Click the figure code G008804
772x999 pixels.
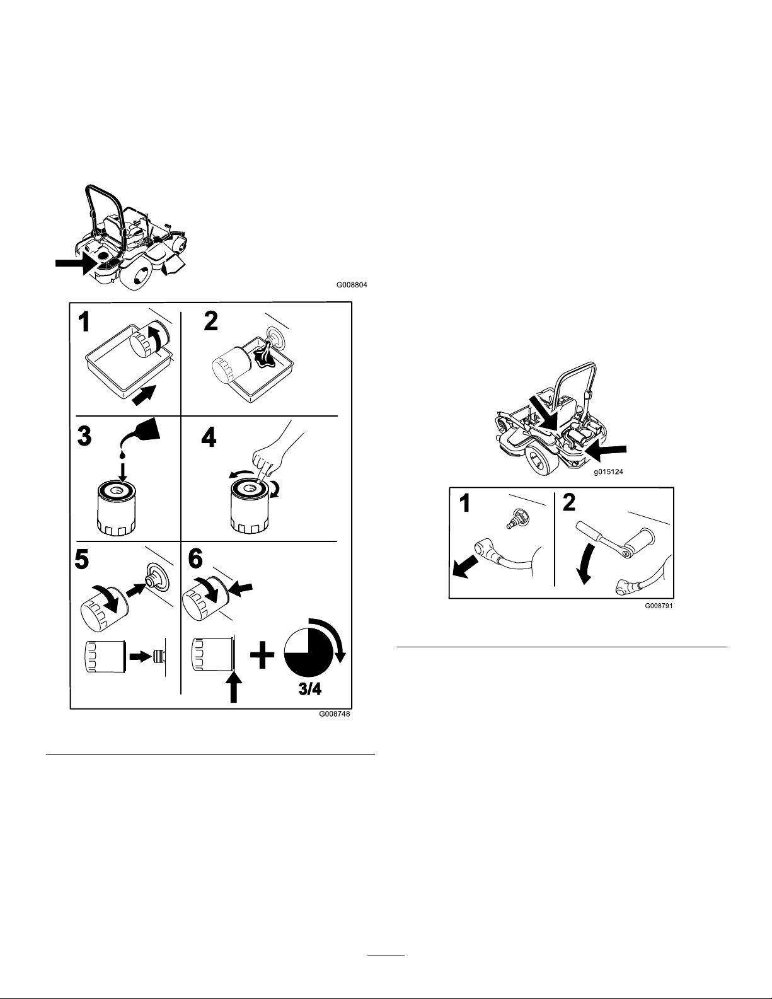(352, 285)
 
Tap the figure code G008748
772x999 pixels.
(335, 715)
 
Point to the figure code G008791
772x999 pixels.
(660, 604)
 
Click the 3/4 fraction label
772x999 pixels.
(309, 689)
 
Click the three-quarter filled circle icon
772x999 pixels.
(309, 653)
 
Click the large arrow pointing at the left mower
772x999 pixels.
(74, 265)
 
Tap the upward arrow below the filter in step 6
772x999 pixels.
(233, 688)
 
